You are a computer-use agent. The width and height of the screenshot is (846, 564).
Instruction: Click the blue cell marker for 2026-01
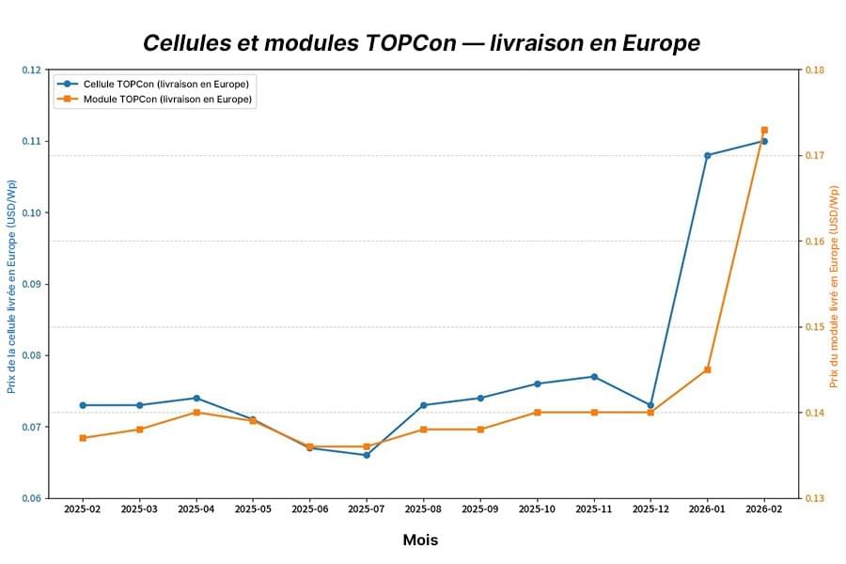tap(707, 155)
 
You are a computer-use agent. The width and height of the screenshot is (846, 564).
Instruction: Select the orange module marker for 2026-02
tap(764, 130)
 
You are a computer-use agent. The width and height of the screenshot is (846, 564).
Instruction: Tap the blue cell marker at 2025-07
tap(367, 455)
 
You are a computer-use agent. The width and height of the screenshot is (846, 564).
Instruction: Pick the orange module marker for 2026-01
tap(707, 369)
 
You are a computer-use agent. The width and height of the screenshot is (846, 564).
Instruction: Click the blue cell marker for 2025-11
tap(594, 377)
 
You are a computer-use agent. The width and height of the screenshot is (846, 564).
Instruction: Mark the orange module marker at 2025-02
tap(83, 438)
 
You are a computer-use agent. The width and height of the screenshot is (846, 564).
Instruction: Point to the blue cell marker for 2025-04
tap(196, 398)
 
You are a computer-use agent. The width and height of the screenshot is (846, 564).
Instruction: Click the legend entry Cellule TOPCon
tap(165, 84)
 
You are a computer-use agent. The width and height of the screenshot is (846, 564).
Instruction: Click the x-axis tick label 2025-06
tap(309, 509)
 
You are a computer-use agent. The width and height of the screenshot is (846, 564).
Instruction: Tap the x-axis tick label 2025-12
tap(650, 509)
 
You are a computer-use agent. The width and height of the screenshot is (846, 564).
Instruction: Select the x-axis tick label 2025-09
tap(480, 509)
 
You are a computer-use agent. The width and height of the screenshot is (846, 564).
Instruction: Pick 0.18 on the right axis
tap(814, 70)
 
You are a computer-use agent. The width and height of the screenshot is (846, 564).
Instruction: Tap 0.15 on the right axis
tap(814, 327)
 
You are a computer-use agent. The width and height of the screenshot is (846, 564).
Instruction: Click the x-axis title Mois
tap(420, 540)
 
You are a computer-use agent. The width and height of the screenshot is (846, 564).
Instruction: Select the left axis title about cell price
tap(11, 284)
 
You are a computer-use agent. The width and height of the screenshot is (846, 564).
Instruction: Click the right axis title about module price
tap(834, 287)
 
